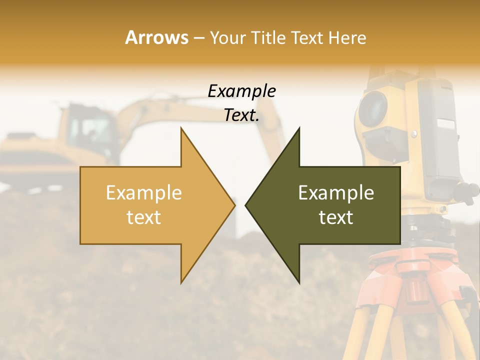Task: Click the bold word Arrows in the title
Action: pyautogui.click(x=157, y=37)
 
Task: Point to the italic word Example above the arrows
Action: pyautogui.click(x=241, y=91)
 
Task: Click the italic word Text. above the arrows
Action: pyautogui.click(x=241, y=115)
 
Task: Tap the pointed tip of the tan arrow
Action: pyautogui.click(x=234, y=205)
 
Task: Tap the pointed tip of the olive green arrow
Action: pyautogui.click(x=246, y=205)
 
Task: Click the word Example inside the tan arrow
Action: pyautogui.click(x=143, y=192)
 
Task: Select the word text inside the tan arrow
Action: pyautogui.click(x=143, y=217)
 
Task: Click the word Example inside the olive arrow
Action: pyautogui.click(x=336, y=192)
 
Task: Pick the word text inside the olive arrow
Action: pyautogui.click(x=336, y=217)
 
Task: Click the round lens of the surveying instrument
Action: pyautogui.click(x=372, y=108)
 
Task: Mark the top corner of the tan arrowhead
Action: pyautogui.click(x=181, y=128)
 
